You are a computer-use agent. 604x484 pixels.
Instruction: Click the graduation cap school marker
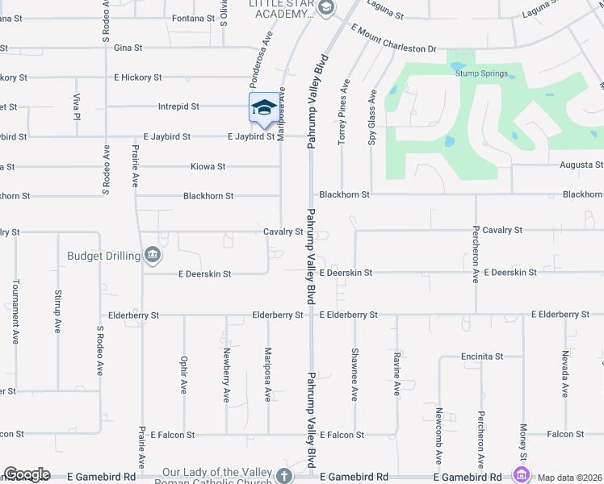[264, 108]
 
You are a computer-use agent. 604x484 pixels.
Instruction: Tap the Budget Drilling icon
[153, 256]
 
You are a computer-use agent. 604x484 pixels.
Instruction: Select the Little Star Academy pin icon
[326, 10]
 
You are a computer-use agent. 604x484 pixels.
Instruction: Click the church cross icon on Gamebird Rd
[283, 475]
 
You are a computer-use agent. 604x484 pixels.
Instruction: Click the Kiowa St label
[208, 166]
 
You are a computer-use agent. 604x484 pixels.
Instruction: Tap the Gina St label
[128, 48]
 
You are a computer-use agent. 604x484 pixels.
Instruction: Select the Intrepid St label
[201, 106]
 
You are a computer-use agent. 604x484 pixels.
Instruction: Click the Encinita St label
[482, 356]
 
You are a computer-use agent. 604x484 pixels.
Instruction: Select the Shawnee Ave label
[354, 373]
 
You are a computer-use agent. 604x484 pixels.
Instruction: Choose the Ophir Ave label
[183, 375]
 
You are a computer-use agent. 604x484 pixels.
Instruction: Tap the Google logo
[27, 475]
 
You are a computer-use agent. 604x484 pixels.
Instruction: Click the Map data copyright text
[570, 478]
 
